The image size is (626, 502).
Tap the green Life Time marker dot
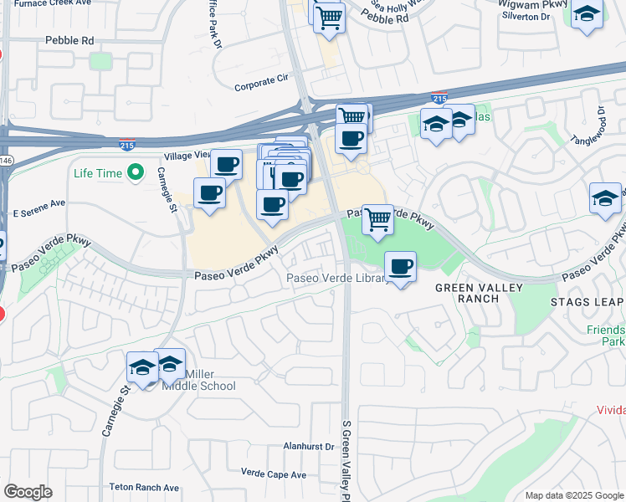135,174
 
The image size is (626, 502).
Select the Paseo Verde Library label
336,279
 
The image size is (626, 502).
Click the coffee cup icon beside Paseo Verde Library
401,268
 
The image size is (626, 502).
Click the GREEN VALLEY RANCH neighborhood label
479,294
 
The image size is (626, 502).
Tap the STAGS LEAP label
587,301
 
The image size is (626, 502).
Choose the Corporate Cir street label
260,85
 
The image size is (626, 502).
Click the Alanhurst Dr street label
308,447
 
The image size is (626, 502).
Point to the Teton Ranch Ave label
144,487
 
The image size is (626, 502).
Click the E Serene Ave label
38,203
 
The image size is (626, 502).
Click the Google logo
28,492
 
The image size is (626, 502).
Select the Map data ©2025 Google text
574,495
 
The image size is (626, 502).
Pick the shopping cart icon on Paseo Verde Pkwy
377,220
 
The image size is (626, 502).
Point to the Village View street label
188,155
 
